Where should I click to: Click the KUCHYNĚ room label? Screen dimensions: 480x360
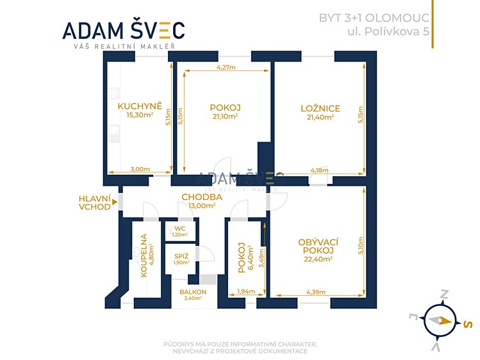tap(140, 106)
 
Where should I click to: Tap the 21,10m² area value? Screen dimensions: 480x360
tap(225, 116)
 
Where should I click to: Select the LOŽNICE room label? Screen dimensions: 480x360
tap(320, 108)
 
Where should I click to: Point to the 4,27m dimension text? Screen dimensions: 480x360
tap(226, 67)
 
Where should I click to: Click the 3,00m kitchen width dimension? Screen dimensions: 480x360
tap(140, 169)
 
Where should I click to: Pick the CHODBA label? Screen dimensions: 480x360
tap(202, 197)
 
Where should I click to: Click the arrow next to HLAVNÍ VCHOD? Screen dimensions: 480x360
tap(115, 202)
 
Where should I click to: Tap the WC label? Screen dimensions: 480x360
tap(180, 229)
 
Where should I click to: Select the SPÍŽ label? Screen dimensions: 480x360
tap(181, 257)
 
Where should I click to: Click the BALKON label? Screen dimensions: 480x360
tap(193, 292)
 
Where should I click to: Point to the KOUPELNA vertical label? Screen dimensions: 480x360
tap(144, 256)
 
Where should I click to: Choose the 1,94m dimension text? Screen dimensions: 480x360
tap(246, 291)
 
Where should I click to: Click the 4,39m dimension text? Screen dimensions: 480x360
tap(316, 292)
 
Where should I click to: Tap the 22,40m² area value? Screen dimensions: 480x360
tap(319, 259)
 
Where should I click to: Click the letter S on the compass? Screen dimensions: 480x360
tap(467, 324)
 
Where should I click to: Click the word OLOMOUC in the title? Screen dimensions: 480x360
tap(398, 18)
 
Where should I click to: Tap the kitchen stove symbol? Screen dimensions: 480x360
tap(114, 93)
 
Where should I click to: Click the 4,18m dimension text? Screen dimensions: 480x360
tap(320, 170)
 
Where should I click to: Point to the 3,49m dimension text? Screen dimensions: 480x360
tap(261, 258)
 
